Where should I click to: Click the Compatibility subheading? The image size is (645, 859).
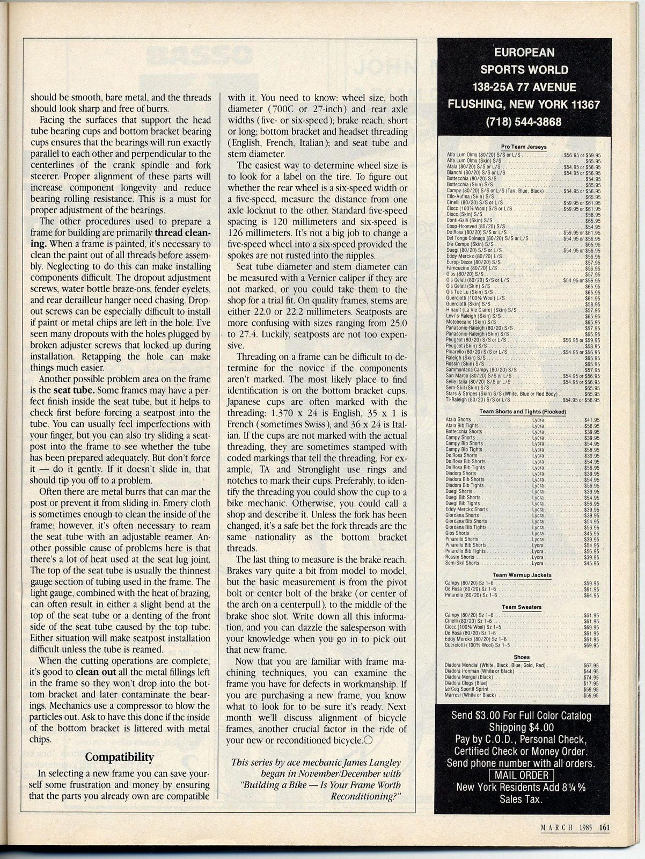pyautogui.click(x=120, y=757)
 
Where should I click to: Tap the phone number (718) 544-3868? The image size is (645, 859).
pyautogui.click(x=523, y=122)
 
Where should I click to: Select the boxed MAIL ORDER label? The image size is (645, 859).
pyautogui.click(x=522, y=775)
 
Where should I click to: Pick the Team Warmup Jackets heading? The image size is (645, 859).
pyautogui.click(x=522, y=574)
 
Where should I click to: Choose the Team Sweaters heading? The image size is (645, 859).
pyautogui.click(x=522, y=607)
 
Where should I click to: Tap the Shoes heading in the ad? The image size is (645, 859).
pyautogui.click(x=522, y=657)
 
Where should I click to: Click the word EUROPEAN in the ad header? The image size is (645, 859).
pyautogui.click(x=524, y=52)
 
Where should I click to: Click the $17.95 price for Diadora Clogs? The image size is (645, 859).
pyautogui.click(x=590, y=683)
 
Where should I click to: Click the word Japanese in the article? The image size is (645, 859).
pyautogui.click(x=247, y=402)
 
